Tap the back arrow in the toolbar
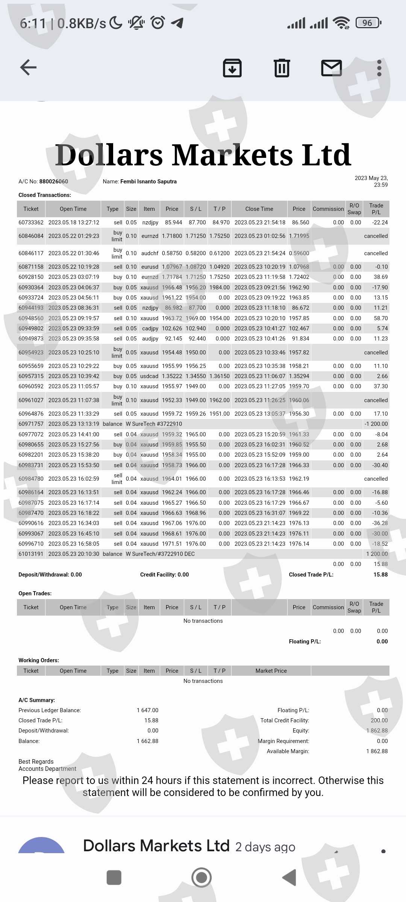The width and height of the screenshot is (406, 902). pos(28,68)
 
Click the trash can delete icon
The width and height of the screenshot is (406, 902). pos(282,68)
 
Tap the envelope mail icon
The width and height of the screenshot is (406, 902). pos(331,68)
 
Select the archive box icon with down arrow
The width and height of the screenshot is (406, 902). pos(232,68)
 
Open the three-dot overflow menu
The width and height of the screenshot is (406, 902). pos(379,68)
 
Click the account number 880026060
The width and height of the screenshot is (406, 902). pos(54,182)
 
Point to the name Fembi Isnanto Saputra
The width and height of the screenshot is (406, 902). pos(148,182)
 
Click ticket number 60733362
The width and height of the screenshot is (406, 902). pos(31,222)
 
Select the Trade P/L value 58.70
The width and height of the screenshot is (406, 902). pos(380,318)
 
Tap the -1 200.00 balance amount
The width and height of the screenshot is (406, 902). pos(376,424)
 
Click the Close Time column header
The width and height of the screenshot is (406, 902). pos(259,209)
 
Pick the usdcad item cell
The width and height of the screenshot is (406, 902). pos(149,376)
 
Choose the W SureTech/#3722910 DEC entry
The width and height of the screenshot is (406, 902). pos(160,554)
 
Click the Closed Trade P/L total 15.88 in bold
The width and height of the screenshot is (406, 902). pos(380,575)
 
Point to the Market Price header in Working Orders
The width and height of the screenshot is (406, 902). pos(271,671)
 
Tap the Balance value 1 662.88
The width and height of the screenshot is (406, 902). pos(147,741)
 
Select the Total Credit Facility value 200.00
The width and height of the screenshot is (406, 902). pos(379,720)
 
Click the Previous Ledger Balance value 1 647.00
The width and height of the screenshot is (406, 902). pos(147,710)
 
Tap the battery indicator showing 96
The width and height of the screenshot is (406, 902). pos(368,23)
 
